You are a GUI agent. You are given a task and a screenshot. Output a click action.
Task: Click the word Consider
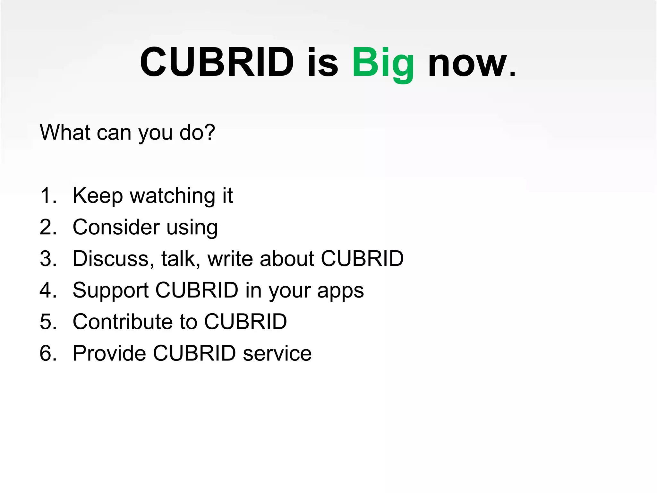point(116,227)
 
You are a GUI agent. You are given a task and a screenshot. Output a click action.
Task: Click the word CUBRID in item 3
point(362,258)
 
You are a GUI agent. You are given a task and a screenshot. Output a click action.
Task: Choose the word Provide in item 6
point(109,353)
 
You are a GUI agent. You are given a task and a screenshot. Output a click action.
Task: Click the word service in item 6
point(277,353)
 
